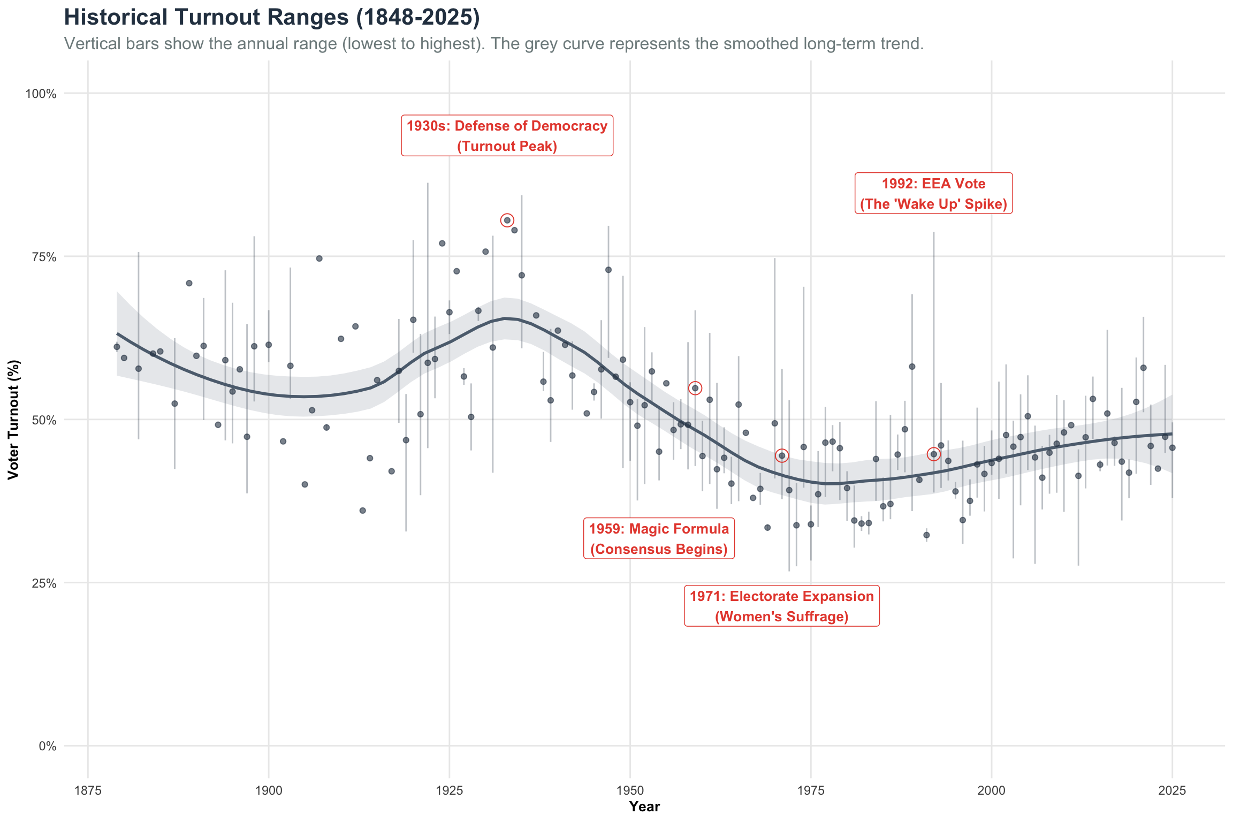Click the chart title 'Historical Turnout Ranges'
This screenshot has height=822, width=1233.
[271, 17]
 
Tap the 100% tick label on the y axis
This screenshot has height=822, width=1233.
[41, 94]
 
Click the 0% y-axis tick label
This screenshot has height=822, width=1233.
[47, 747]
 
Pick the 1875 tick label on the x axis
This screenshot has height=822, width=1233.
[88, 791]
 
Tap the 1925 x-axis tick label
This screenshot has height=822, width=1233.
[449, 791]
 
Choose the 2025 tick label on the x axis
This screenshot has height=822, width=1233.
[1172, 791]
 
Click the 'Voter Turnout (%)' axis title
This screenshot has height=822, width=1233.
[13, 420]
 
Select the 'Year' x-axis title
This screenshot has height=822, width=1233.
[644, 807]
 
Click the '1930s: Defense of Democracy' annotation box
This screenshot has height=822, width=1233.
[507, 135]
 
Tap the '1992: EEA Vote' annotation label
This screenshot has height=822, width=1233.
[933, 193]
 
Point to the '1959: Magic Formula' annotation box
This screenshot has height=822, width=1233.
[659, 538]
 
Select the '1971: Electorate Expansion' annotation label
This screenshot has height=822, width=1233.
[781, 606]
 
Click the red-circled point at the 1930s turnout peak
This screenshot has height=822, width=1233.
[507, 220]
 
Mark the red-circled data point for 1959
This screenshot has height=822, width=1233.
[695, 389]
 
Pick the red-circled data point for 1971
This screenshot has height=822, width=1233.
[782, 456]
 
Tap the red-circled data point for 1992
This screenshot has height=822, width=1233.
[934, 454]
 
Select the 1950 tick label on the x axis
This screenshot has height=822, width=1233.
[630, 791]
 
